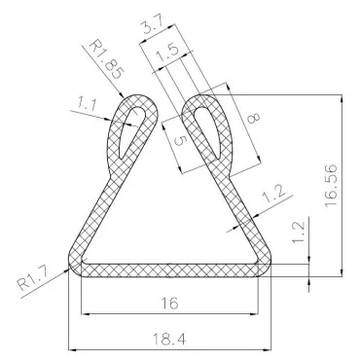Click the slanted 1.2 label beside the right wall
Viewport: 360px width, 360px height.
(x=273, y=195)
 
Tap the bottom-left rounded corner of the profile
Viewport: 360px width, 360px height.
(x=74, y=265)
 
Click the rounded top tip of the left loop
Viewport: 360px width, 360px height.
(x=136, y=96)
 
